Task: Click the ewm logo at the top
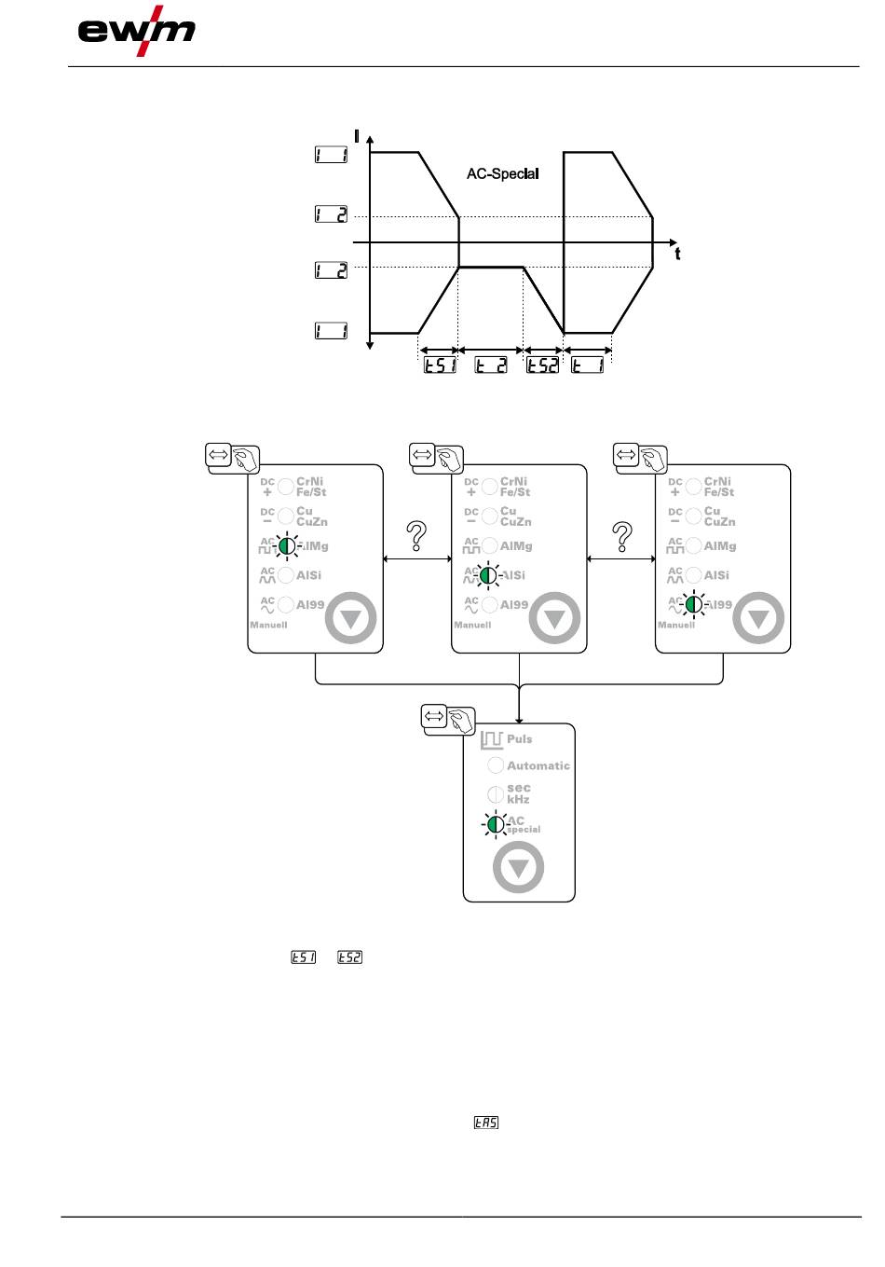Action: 136,33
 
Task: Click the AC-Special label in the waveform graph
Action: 502,173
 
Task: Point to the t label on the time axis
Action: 677,254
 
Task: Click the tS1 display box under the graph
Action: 440,365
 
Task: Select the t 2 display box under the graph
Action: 491,365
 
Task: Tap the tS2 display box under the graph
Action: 542,365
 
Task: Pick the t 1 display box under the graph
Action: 588,365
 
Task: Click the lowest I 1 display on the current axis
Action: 331,330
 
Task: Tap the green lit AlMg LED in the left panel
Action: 287,546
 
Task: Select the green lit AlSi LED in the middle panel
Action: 490,575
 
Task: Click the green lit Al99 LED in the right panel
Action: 694,604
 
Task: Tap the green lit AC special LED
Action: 497,824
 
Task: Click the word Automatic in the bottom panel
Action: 538,765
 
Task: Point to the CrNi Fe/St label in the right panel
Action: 719,487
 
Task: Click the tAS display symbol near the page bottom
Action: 486,1123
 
